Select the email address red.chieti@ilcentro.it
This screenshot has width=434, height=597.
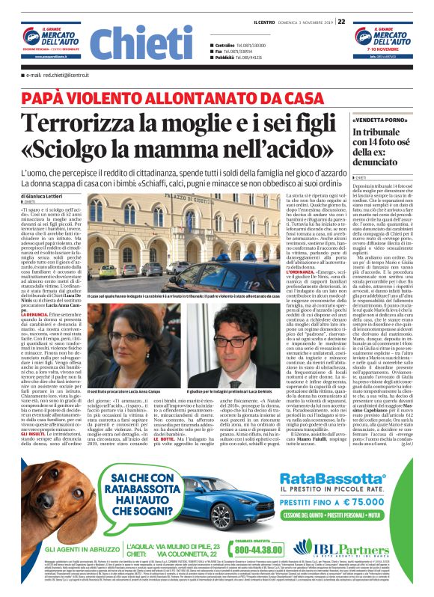pyautogui.click(x=57, y=76)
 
